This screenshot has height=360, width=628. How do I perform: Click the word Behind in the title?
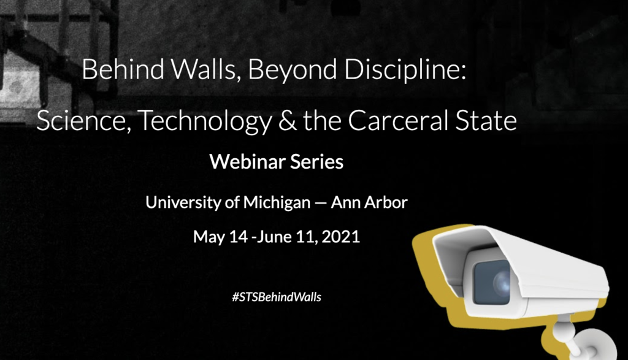123,69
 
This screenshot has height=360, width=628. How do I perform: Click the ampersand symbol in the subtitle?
288,121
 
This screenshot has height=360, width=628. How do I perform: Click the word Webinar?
247,162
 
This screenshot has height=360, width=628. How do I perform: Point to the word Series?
317,162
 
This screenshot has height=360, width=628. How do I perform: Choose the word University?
183,202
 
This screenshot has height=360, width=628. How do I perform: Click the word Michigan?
277,203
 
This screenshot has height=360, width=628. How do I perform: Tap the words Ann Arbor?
369,202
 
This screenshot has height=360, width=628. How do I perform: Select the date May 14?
221,237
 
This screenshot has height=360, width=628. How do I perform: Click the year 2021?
341,237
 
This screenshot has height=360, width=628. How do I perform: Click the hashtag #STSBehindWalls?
277,297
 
